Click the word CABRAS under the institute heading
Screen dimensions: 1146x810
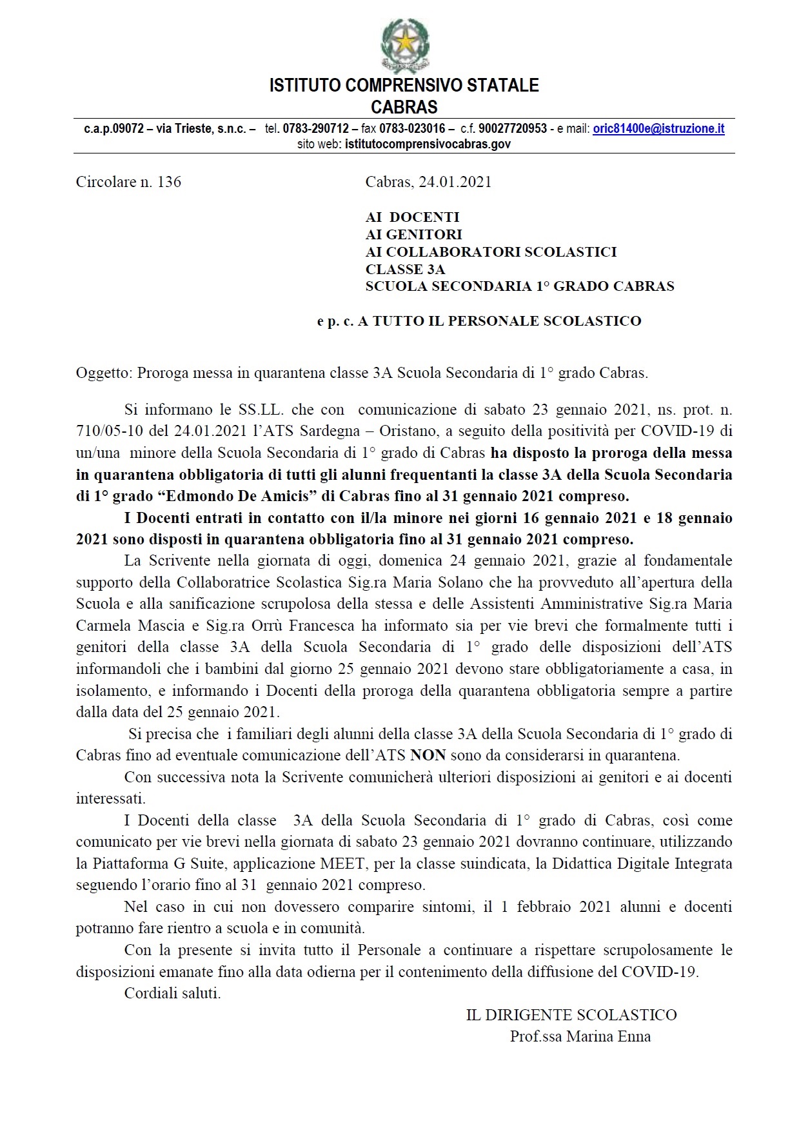pyautogui.click(x=404, y=107)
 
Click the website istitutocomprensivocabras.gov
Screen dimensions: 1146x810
pyautogui.click(x=428, y=144)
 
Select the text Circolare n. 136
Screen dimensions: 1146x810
pyautogui.click(x=128, y=182)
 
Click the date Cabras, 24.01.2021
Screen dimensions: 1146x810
pyautogui.click(x=428, y=182)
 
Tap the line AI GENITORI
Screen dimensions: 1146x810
pyautogui.click(x=413, y=235)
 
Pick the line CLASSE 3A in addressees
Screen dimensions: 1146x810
pyautogui.click(x=405, y=270)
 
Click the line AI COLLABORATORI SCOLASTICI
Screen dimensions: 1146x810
pyautogui.click(x=491, y=252)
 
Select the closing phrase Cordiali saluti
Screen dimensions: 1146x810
pyautogui.click(x=172, y=993)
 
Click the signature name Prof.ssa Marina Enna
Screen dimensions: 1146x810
pyautogui.click(x=580, y=1037)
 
